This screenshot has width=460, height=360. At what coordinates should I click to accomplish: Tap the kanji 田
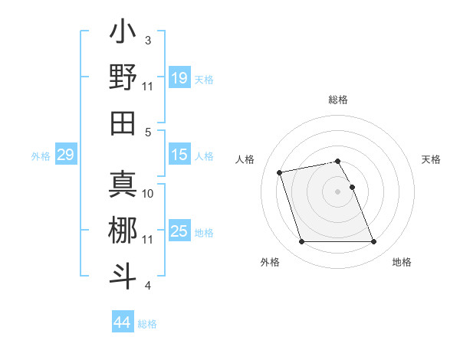123,123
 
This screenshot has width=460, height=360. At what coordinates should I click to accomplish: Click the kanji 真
123,185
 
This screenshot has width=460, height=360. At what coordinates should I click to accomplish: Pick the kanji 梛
123,231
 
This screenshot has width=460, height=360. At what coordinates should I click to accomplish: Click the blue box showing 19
179,78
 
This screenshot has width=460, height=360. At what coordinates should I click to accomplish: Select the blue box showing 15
179,155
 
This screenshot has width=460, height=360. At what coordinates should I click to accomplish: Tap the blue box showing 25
179,231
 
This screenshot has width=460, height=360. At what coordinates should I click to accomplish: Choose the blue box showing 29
65,155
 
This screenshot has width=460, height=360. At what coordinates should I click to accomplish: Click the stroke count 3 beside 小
148,40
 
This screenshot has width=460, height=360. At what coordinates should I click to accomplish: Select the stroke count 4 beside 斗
148,286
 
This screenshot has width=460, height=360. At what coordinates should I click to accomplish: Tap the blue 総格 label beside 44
147,324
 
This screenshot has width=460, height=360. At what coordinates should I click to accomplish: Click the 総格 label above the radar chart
338,100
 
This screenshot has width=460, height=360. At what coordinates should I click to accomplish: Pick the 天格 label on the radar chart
432,159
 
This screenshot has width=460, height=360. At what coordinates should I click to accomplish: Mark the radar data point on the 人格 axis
280,172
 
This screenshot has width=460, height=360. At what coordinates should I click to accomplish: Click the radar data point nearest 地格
374,242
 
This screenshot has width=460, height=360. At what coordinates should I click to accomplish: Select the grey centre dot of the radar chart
338,191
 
